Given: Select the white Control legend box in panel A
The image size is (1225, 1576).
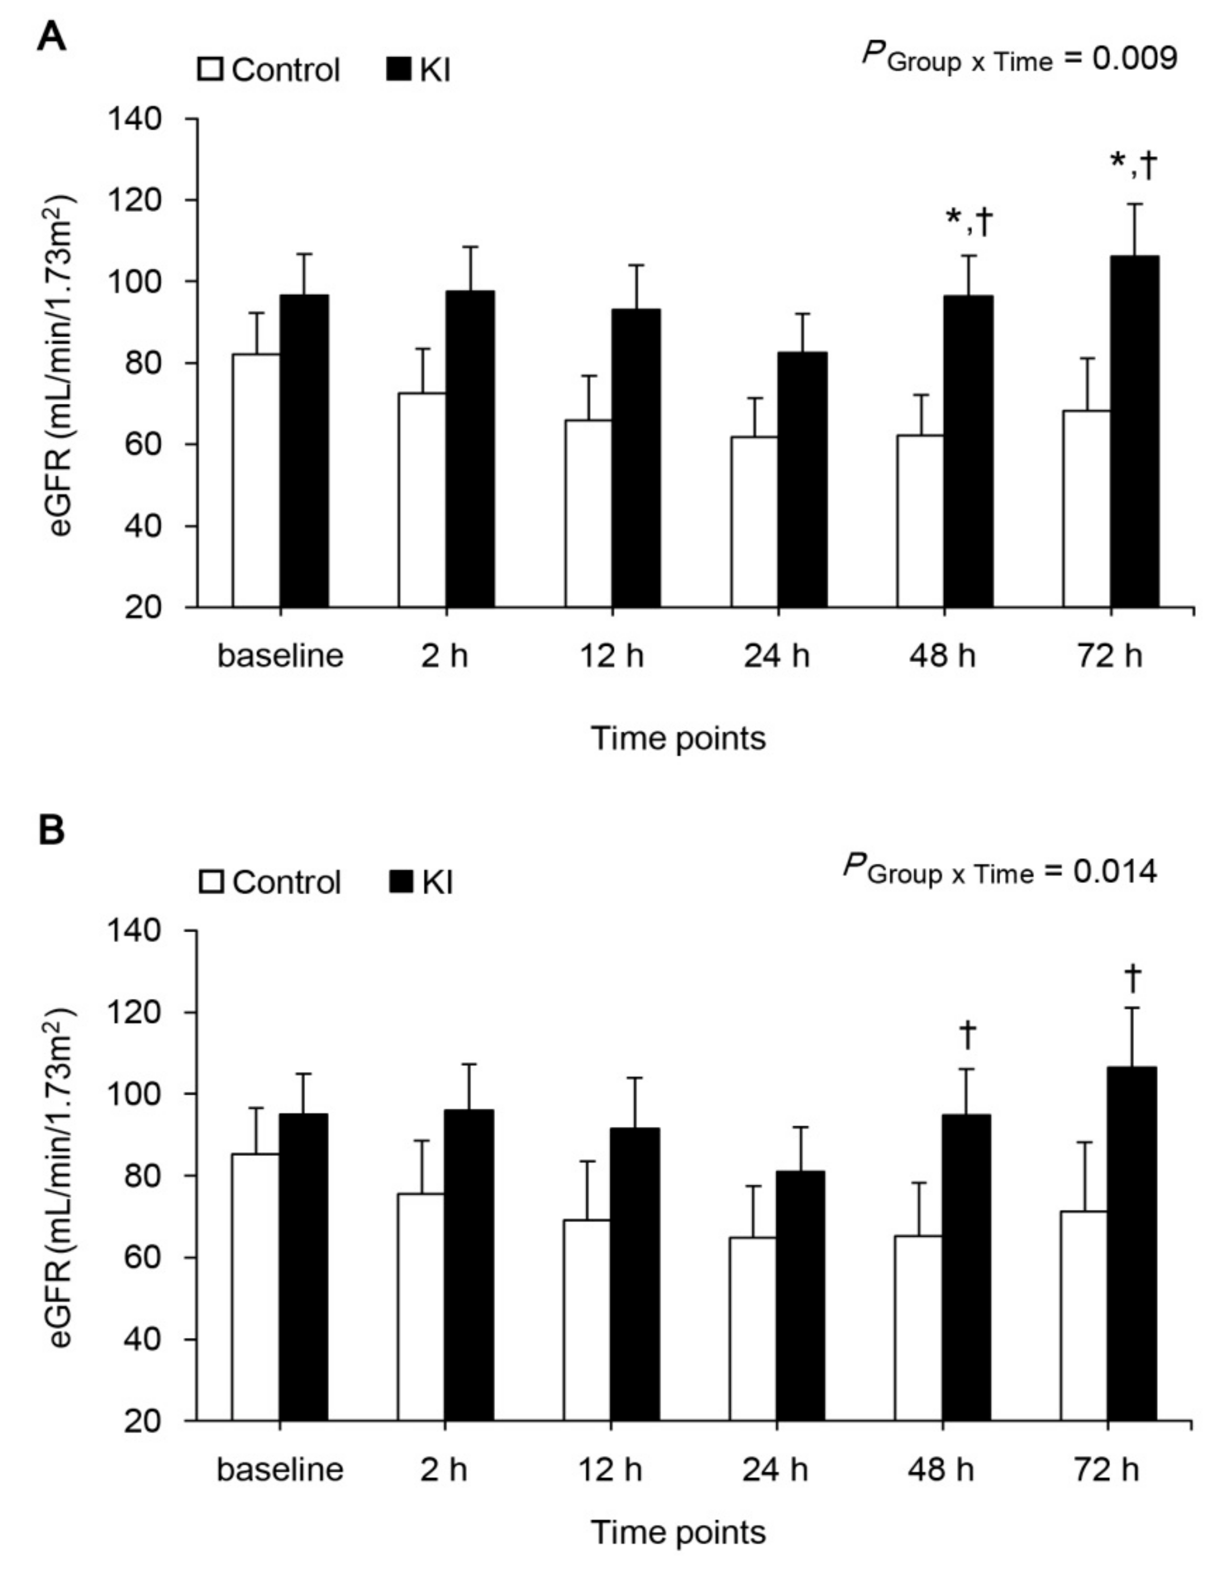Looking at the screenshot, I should point(211,70).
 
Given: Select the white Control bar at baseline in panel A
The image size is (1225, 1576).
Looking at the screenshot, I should point(256,480).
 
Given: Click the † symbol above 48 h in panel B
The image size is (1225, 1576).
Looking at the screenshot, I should point(967,1034).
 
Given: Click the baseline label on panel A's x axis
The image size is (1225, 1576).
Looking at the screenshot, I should point(280,656).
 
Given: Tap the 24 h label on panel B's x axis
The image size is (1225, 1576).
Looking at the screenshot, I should point(776,1469).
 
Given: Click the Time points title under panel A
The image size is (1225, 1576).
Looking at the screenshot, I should point(678,738).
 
